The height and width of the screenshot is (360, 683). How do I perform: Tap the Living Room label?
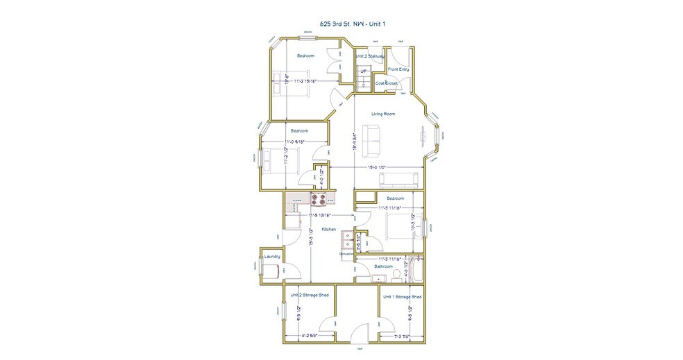[382, 114]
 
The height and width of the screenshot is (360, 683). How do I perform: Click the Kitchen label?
[328, 229]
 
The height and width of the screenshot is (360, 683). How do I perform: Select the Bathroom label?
[383, 266]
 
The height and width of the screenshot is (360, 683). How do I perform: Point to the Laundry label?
[272, 256]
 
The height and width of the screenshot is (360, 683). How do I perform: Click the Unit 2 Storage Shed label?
[309, 295]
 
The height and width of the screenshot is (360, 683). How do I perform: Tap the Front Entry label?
[398, 69]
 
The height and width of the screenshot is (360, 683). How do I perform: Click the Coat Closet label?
[387, 83]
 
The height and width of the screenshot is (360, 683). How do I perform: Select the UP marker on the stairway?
[363, 71]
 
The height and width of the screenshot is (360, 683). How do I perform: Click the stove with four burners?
[319, 200]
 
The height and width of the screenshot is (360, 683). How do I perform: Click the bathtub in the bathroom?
[415, 269]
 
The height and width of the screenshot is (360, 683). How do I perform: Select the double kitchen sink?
[347, 239]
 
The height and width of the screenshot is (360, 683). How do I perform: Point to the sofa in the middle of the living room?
[372, 141]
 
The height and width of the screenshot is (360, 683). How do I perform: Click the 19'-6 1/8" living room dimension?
[378, 167]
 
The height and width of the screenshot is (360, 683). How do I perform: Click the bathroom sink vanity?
[378, 279]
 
